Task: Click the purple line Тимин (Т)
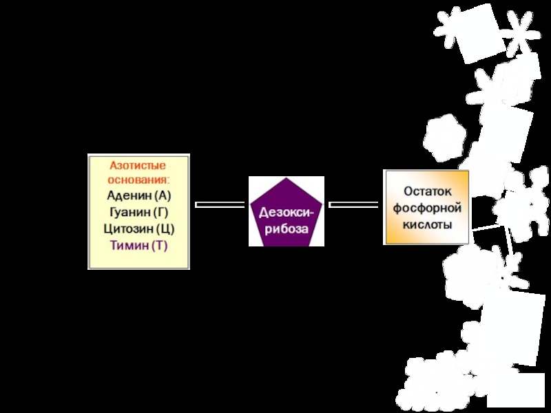(x=138, y=245)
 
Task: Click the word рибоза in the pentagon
(x=287, y=228)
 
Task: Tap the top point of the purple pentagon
(x=287, y=178)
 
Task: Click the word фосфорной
(x=426, y=208)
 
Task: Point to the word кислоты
(x=426, y=225)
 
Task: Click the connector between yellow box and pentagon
(x=220, y=204)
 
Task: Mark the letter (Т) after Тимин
(x=159, y=245)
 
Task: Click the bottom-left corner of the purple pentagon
(x=264, y=244)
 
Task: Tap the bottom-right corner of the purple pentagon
(x=309, y=244)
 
